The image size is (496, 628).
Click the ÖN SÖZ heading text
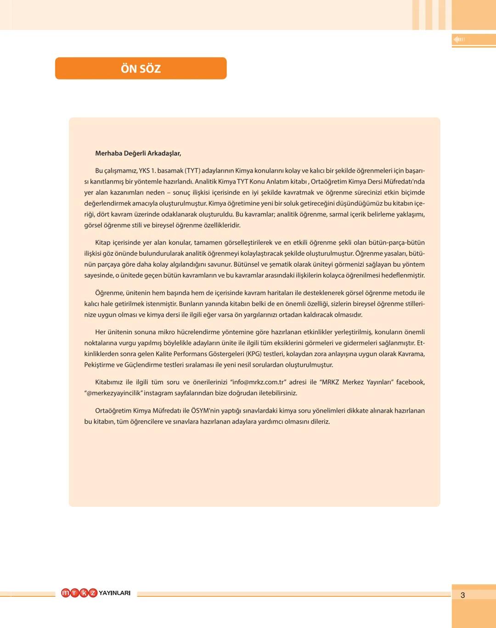click(141, 69)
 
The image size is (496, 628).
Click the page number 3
click(462, 595)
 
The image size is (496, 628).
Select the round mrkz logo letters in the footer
click(79, 593)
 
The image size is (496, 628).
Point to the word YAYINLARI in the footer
click(114, 593)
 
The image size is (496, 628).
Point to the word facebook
click(410, 382)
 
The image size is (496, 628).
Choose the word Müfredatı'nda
click(403, 182)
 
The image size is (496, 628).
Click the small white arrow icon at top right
click(459, 39)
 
